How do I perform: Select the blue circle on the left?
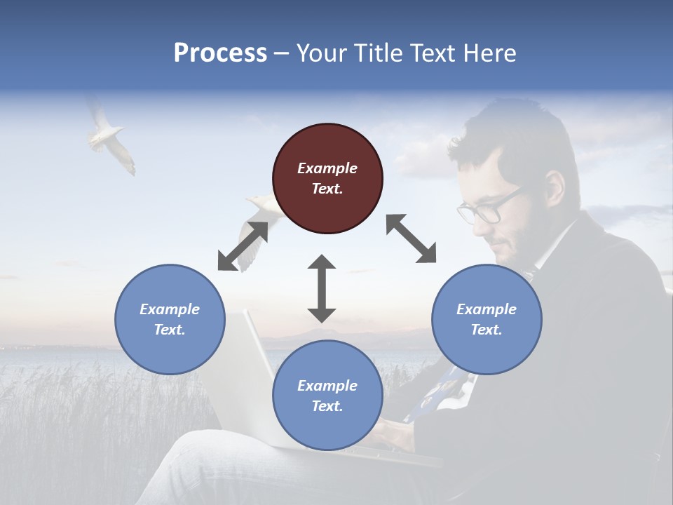[x=170, y=319]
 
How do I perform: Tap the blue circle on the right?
[x=487, y=319]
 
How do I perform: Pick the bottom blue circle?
[x=327, y=396]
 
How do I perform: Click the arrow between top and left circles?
[x=243, y=246]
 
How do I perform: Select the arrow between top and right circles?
[x=411, y=239]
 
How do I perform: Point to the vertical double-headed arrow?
[x=322, y=288]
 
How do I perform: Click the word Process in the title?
[x=220, y=53]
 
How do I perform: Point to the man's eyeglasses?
[x=484, y=209]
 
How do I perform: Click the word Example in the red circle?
[x=327, y=168]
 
